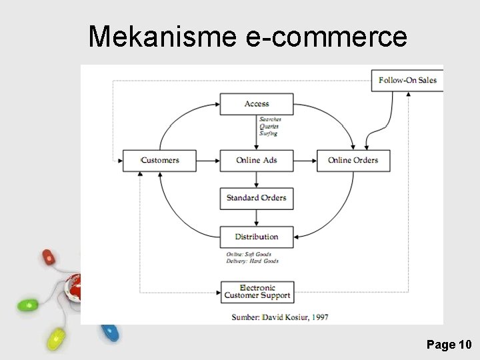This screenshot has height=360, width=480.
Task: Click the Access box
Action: coord(257,104)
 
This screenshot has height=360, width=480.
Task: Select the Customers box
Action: coord(160,161)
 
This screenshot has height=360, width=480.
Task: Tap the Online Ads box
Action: coord(257,161)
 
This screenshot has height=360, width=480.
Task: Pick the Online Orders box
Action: coord(353,161)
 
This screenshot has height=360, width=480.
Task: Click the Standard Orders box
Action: coord(257,198)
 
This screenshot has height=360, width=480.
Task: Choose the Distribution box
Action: coord(257,237)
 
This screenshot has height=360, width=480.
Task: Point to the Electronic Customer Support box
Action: coord(257,292)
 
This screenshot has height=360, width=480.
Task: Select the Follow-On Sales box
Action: coord(407,81)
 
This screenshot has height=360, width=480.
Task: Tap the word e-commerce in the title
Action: coord(327,37)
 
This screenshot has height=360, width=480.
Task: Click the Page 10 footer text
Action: coord(449,345)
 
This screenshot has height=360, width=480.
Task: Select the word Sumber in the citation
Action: coord(245,317)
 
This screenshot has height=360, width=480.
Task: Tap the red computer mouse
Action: coord(49,257)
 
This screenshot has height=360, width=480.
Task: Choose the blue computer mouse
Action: coord(109,331)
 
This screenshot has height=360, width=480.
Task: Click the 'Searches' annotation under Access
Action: coord(270,119)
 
